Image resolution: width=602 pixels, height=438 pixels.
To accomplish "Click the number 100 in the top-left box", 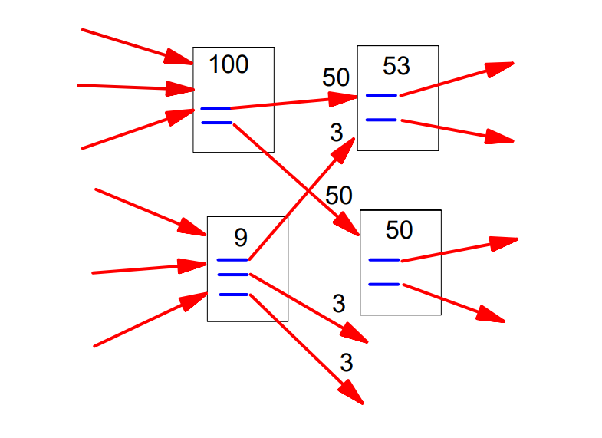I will (x=229, y=65).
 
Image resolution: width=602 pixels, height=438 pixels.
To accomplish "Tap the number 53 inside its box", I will (x=396, y=66).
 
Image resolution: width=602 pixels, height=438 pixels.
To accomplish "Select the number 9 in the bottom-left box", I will (x=240, y=239).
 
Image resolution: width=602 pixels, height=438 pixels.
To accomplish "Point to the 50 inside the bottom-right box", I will (x=399, y=229).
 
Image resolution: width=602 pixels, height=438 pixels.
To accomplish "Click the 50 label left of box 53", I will (x=336, y=77).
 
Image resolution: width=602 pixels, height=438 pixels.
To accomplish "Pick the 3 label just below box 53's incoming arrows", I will (x=336, y=133).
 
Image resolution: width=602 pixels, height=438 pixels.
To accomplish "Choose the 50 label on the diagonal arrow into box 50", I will (x=338, y=195).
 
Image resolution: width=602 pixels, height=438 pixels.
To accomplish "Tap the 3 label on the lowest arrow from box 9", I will (x=346, y=362).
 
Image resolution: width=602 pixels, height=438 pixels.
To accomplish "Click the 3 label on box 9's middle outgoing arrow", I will (x=339, y=304).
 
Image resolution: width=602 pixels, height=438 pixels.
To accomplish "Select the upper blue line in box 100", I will (x=215, y=109).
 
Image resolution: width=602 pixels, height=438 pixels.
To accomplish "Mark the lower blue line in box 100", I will (x=216, y=122).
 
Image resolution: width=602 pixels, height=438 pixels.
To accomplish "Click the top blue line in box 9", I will (x=232, y=260).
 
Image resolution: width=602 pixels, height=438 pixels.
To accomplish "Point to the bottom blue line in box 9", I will (x=234, y=295).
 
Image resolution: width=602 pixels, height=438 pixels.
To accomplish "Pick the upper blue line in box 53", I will (x=381, y=95).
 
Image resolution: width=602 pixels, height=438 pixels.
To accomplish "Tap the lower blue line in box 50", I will (x=384, y=285).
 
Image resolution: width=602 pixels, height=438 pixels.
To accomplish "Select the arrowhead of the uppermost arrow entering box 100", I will (x=181, y=58).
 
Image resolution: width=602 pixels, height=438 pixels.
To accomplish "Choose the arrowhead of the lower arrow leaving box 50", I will (x=492, y=315).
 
